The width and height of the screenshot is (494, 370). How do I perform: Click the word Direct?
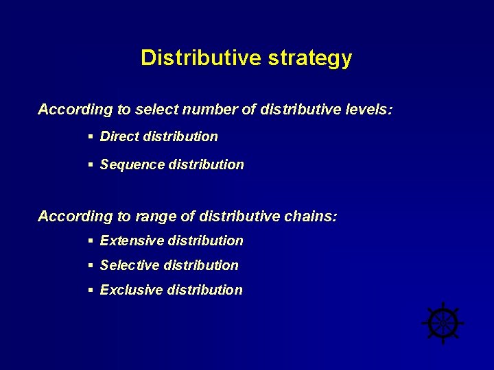click(119, 136)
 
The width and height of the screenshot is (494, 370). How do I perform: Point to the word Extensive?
click(132, 241)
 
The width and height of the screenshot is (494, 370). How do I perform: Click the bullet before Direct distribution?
click(91, 136)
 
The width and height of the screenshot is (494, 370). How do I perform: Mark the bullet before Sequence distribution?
click(91, 164)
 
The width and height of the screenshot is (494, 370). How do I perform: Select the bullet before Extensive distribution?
click(91, 241)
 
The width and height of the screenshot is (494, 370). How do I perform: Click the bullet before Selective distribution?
click(91, 265)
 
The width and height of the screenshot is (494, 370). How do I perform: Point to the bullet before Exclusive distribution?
click(91, 290)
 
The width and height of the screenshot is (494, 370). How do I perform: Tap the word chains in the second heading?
click(313, 217)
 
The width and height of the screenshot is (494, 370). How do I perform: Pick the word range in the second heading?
click(156, 217)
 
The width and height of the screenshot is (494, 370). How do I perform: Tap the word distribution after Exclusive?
click(208, 290)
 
